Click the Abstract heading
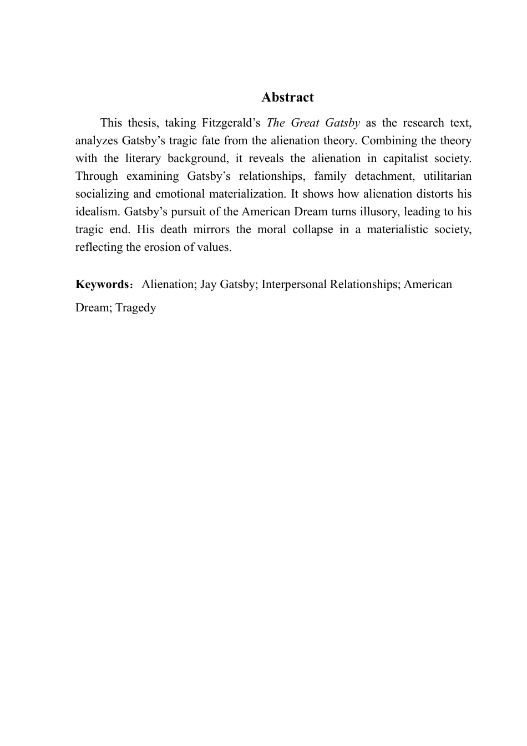287,97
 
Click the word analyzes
97,140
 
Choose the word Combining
387,140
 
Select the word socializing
102,194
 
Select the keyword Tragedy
136,308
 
